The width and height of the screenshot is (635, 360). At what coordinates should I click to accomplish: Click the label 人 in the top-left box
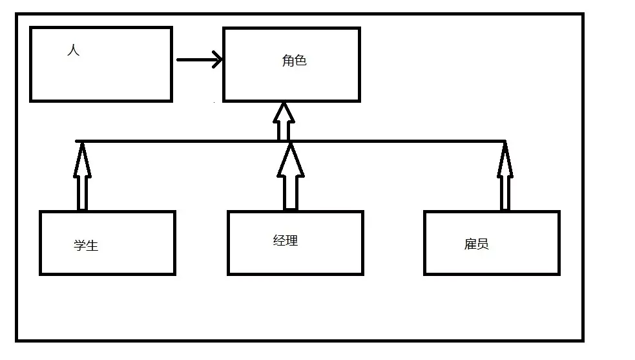[x=74, y=50]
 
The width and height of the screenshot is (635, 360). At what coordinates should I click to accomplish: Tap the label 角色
[x=294, y=61]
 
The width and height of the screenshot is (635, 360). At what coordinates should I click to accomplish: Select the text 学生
[x=86, y=246]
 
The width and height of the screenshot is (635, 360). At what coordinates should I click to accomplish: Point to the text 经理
[x=286, y=241]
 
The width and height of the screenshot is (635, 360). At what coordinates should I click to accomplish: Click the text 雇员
[x=476, y=244]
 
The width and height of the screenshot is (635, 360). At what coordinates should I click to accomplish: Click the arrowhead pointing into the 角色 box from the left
[x=218, y=60]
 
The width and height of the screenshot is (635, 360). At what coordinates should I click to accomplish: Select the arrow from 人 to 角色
[x=194, y=60]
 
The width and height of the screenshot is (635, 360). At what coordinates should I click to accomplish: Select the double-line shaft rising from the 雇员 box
[x=505, y=193]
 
